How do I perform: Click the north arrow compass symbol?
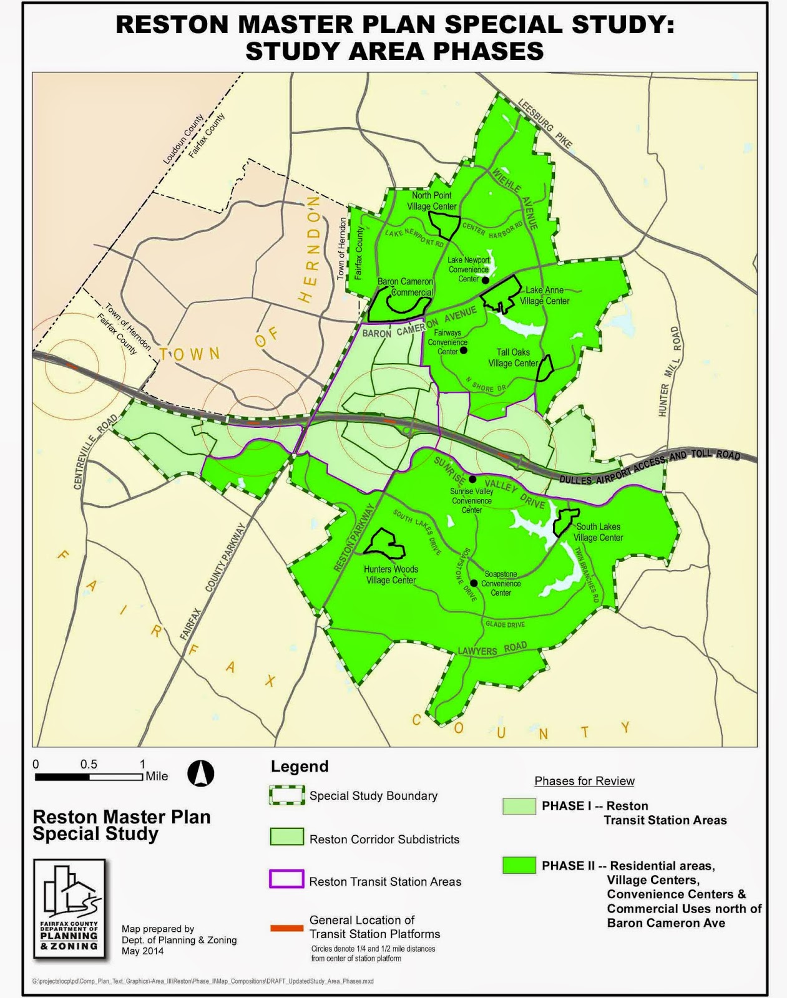(200, 773)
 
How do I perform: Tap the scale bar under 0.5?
(89, 777)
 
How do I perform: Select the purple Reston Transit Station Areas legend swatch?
(286, 879)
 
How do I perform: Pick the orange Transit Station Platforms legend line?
(286, 928)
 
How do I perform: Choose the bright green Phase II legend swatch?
(519, 865)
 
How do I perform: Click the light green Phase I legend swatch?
(519, 806)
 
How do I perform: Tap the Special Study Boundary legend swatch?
(286, 795)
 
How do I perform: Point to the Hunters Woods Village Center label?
(391, 574)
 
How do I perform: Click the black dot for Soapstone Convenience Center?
(474, 583)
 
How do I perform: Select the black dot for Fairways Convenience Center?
(463, 351)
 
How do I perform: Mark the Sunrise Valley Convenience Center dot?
(472, 479)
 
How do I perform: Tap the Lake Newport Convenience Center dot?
(485, 280)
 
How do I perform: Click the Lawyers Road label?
(492, 649)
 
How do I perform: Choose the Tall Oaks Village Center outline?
(545, 368)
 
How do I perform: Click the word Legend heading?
(300, 767)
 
